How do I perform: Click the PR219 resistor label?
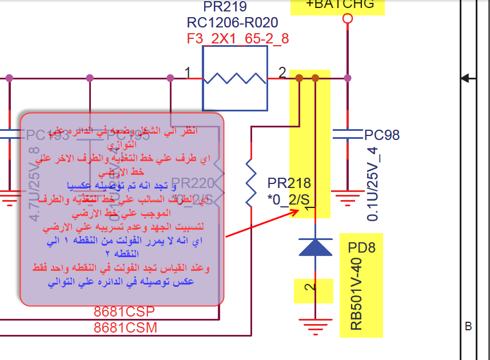(x=225, y=7)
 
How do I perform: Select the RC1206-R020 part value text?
(x=232, y=23)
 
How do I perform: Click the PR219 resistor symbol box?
(x=235, y=78)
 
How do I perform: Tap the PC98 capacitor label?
(x=382, y=135)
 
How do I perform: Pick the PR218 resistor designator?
(x=289, y=183)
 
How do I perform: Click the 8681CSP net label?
(x=124, y=312)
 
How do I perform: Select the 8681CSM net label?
(x=125, y=328)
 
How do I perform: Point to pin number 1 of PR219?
(x=188, y=73)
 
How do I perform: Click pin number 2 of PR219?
(x=282, y=73)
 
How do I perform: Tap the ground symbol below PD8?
(x=315, y=328)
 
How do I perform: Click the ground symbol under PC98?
(x=348, y=198)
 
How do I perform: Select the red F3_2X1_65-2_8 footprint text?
(x=238, y=39)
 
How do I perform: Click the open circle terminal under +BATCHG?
(x=348, y=19)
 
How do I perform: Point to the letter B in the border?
(x=468, y=327)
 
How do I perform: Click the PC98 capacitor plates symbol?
(x=348, y=135)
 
